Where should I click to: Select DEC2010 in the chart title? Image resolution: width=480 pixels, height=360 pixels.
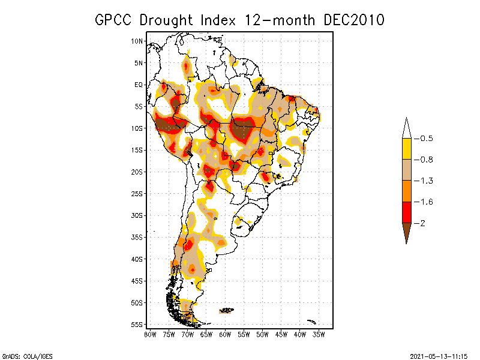pos(353,20)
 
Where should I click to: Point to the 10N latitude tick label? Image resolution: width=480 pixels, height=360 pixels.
pos(137,41)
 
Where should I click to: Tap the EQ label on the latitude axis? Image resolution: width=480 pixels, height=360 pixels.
pos(139,85)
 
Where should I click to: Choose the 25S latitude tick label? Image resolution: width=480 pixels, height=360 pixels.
pos(137,193)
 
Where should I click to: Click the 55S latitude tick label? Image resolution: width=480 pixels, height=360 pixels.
pos(137,324)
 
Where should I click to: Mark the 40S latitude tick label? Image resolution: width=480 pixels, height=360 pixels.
pos(137,259)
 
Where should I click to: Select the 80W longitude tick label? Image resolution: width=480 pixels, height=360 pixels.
pos(150,334)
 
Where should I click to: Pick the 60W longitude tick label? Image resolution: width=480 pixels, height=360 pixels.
pos(225,334)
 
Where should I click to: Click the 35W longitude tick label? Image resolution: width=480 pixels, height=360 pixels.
pos(319,334)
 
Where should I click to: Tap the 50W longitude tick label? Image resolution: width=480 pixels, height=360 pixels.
pos(262,334)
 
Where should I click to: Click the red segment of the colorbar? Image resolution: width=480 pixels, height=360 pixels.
pos(406,212)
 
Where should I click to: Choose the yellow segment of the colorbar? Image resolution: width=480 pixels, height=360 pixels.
pos(406,149)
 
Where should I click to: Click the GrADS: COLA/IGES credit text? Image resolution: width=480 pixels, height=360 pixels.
pos(22,355)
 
